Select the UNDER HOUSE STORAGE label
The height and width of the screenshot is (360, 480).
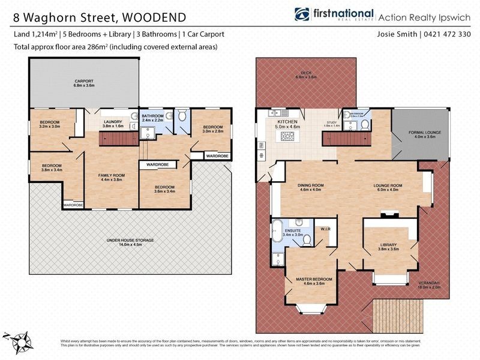tap(130, 240)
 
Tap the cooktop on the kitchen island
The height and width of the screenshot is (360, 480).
tap(286, 137)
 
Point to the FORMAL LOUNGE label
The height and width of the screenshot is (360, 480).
tap(421, 133)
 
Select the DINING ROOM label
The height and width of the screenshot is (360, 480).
tap(311, 185)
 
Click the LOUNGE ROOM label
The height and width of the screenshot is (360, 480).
tap(386, 185)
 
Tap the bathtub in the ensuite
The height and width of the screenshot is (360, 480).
tap(277, 231)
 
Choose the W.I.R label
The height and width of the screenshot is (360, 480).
tap(325, 229)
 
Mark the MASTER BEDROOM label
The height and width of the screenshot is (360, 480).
tap(314, 280)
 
